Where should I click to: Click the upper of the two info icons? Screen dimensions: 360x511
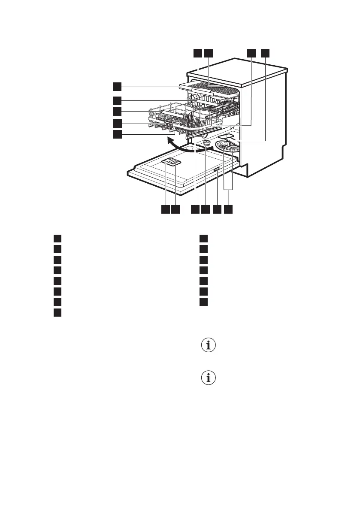pyautogui.click(x=209, y=346)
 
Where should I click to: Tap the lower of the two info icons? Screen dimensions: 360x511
pyautogui.click(x=209, y=378)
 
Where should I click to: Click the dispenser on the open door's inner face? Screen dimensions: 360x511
pyautogui.click(x=171, y=162)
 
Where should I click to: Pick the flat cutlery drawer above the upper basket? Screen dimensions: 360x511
pyautogui.click(x=209, y=90)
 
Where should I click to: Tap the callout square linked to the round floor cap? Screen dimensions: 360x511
pyautogui.click(x=206, y=209)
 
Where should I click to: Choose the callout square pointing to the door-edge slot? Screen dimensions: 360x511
pyautogui.click(x=217, y=209)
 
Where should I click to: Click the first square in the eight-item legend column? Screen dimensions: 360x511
pyautogui.click(x=58, y=239)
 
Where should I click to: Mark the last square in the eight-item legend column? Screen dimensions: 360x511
pyautogui.click(x=58, y=312)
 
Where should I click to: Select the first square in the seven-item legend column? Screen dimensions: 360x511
pyautogui.click(x=205, y=239)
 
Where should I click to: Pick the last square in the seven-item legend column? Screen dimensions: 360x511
pyautogui.click(x=205, y=302)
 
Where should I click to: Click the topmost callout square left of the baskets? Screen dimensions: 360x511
pyautogui.click(x=117, y=87)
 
